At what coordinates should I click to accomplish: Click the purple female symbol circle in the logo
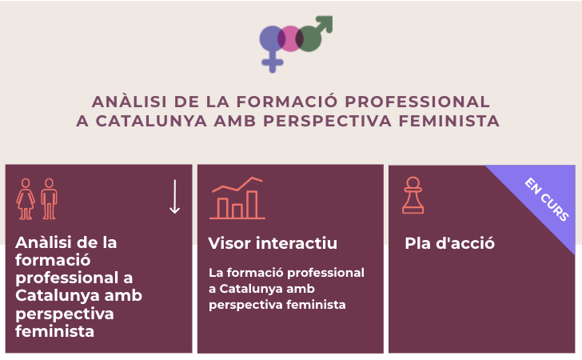[x=272, y=38]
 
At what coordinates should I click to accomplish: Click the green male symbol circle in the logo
[x=310, y=38]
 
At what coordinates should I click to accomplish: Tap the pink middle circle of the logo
[x=291, y=38]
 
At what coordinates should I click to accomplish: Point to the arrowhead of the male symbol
[x=326, y=22]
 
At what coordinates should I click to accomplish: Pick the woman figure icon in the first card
[x=26, y=198]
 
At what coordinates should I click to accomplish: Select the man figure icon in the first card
[x=50, y=198]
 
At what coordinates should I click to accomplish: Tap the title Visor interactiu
[x=273, y=243]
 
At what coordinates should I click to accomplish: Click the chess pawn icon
[x=413, y=196]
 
